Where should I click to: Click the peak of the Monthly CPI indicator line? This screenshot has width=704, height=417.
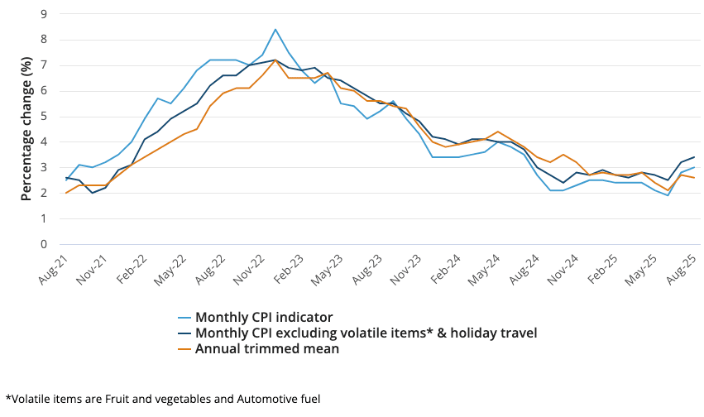275,30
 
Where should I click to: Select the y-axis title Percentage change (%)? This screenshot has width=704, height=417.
26,128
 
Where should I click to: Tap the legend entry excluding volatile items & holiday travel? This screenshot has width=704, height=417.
366,333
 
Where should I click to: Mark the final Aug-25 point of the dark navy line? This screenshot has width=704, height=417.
694,157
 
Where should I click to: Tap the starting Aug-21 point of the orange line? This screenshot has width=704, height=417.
66,193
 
